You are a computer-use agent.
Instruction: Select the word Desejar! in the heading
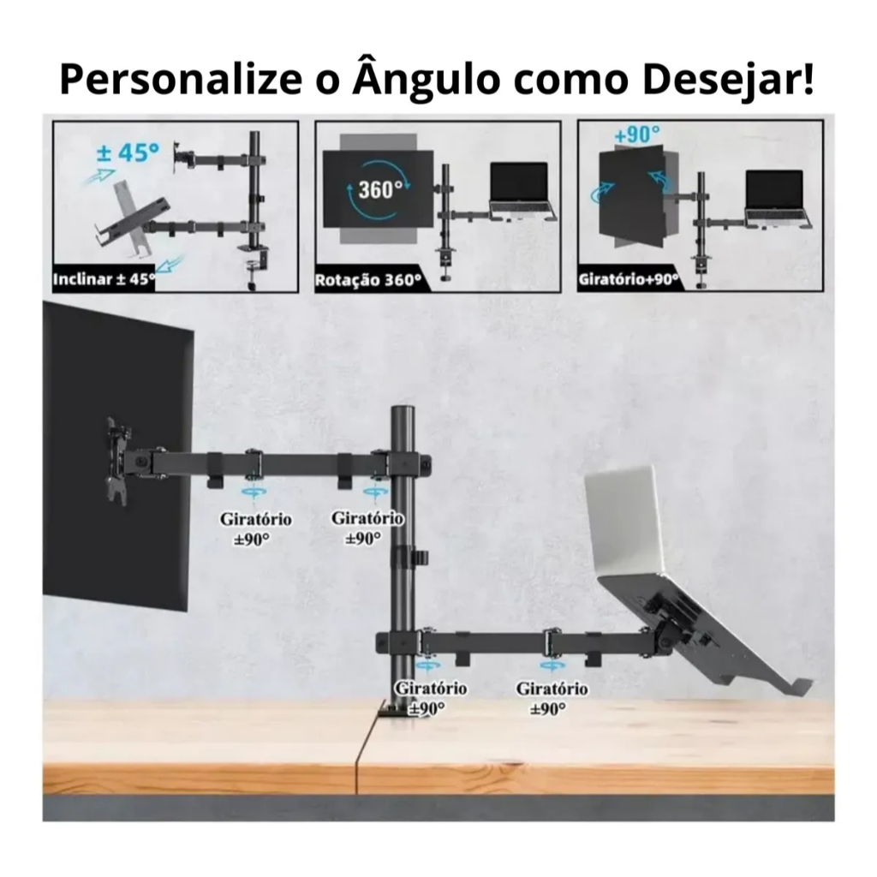[x=727, y=79]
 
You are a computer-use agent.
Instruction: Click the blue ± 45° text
[x=127, y=152]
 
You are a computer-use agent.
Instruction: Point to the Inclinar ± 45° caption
[x=104, y=279]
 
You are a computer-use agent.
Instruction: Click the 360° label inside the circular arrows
[x=380, y=189]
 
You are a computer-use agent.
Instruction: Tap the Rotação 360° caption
[x=368, y=280]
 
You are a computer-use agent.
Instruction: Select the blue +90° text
[x=636, y=135]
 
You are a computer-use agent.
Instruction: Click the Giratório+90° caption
[x=628, y=279]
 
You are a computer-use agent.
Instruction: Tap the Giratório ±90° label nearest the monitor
[x=255, y=528]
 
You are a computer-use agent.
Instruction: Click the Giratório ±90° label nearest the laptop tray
[x=552, y=698]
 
